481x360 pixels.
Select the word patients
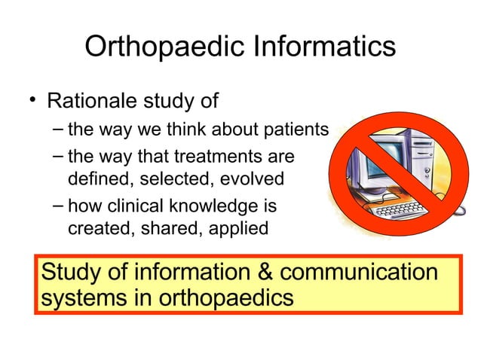click(299, 130)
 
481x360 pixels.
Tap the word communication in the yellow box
click(338, 271)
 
